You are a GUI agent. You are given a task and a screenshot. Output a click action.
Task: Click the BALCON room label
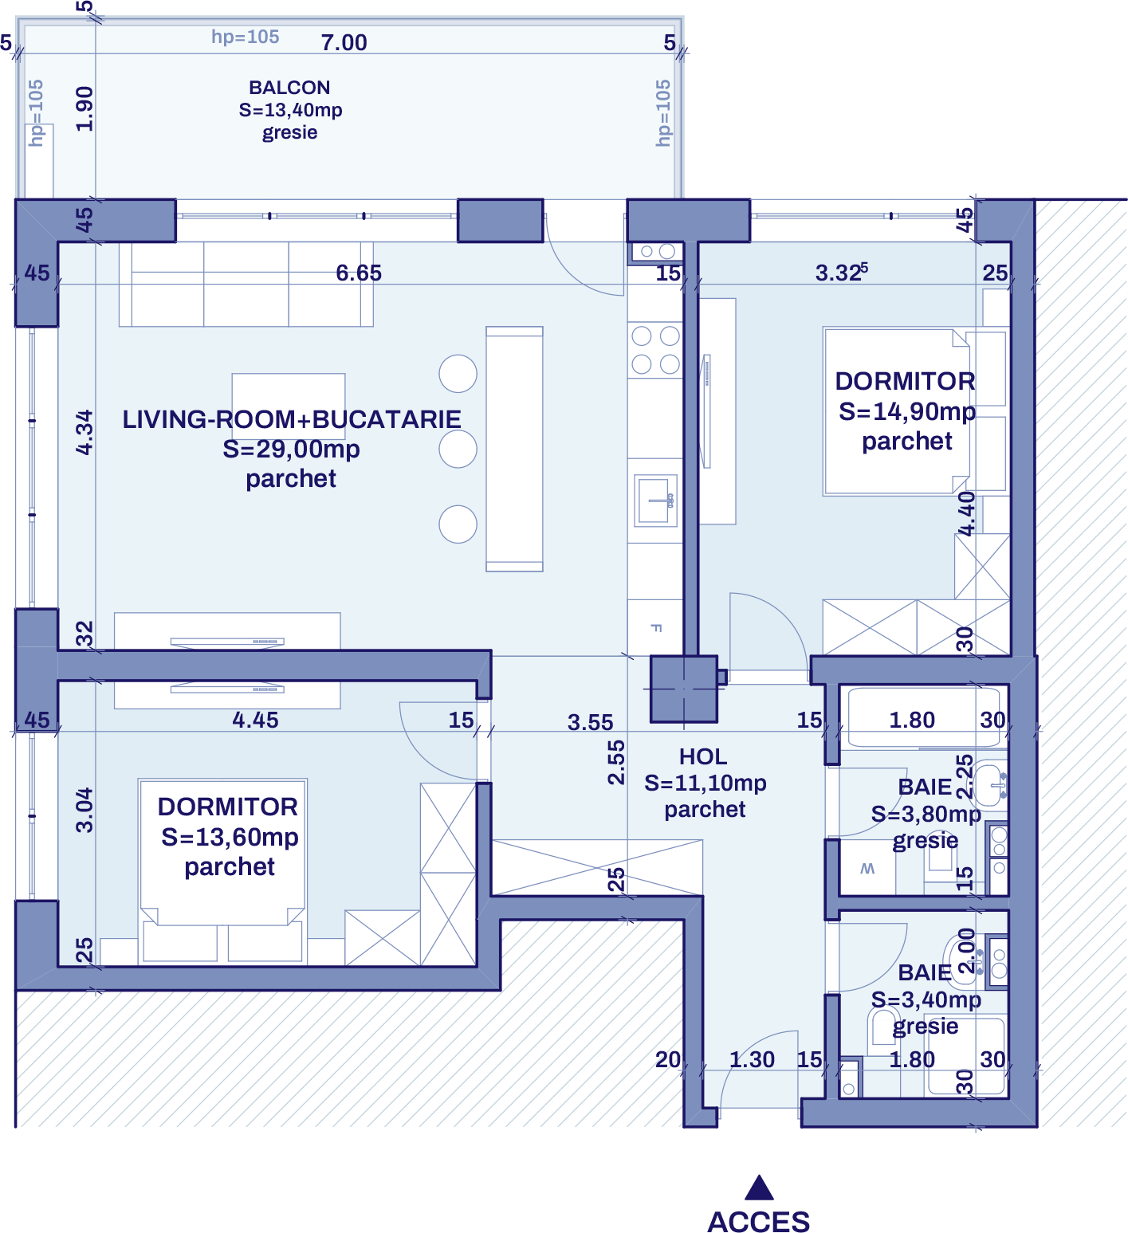tap(289, 88)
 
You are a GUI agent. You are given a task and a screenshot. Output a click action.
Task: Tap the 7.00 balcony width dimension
tap(344, 42)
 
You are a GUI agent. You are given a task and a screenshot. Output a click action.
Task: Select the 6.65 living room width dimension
tap(359, 273)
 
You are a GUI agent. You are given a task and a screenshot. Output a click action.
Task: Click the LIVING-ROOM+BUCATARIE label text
tap(291, 420)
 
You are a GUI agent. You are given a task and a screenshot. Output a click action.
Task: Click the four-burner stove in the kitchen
tap(655, 350)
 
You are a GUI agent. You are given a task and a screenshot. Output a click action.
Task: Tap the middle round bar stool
tap(458, 449)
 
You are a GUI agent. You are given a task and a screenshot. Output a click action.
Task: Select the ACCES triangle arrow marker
tap(759, 1188)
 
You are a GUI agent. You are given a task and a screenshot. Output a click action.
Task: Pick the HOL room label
tap(703, 756)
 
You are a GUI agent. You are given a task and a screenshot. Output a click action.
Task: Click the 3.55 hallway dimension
tap(590, 723)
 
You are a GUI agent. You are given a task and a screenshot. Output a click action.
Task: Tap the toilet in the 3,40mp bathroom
tap(882, 1027)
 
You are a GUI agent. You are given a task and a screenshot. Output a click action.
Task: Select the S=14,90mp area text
tap(907, 412)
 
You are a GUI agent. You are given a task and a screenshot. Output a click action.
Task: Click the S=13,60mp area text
tap(230, 838)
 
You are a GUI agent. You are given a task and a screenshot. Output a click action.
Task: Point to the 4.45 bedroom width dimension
tap(255, 721)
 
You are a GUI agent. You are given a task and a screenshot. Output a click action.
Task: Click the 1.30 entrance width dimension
tap(752, 1060)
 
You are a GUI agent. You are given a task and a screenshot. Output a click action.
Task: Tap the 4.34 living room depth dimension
tap(85, 433)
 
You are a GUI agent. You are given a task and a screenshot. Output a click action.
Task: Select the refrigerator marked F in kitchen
tap(655, 628)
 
